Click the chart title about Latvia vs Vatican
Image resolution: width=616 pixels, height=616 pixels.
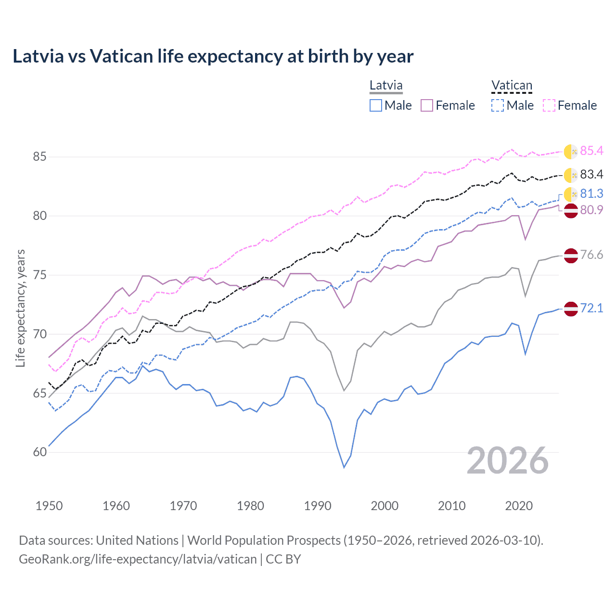pyautogui.click(x=213, y=56)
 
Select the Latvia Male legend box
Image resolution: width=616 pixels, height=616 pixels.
pyautogui.click(x=376, y=105)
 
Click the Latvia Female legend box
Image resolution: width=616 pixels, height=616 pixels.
pyautogui.click(x=427, y=105)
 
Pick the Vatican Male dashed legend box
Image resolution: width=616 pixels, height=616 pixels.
pyautogui.click(x=498, y=105)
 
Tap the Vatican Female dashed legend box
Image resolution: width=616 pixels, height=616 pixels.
pyautogui.click(x=549, y=105)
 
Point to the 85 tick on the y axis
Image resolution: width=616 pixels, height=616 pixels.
pyautogui.click(x=40, y=157)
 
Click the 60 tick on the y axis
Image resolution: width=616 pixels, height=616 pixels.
pyautogui.click(x=40, y=452)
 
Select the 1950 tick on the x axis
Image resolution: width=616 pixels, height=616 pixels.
pyautogui.click(x=49, y=506)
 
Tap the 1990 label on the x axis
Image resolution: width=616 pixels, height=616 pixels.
pyautogui.click(x=318, y=506)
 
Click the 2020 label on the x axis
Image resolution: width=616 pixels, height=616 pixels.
pyautogui.click(x=519, y=506)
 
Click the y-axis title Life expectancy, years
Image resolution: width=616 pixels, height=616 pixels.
pyautogui.click(x=20, y=308)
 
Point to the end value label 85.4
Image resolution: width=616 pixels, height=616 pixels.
pyautogui.click(x=591, y=151)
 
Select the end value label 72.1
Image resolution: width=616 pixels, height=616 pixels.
pyautogui.click(x=591, y=308)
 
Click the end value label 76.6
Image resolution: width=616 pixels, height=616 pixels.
pyautogui.click(x=591, y=255)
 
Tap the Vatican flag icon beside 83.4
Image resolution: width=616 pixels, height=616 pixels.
pyautogui.click(x=571, y=175)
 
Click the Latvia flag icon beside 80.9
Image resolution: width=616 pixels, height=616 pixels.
pyautogui.click(x=571, y=210)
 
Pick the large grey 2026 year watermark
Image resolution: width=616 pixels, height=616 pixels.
pyautogui.click(x=508, y=461)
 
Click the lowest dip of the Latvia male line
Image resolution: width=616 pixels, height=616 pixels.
pyautogui.click(x=344, y=467)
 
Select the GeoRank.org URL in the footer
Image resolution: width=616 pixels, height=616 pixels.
pyautogui.click(x=138, y=559)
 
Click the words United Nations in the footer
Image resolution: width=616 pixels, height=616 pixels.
pyautogui.click(x=137, y=540)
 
